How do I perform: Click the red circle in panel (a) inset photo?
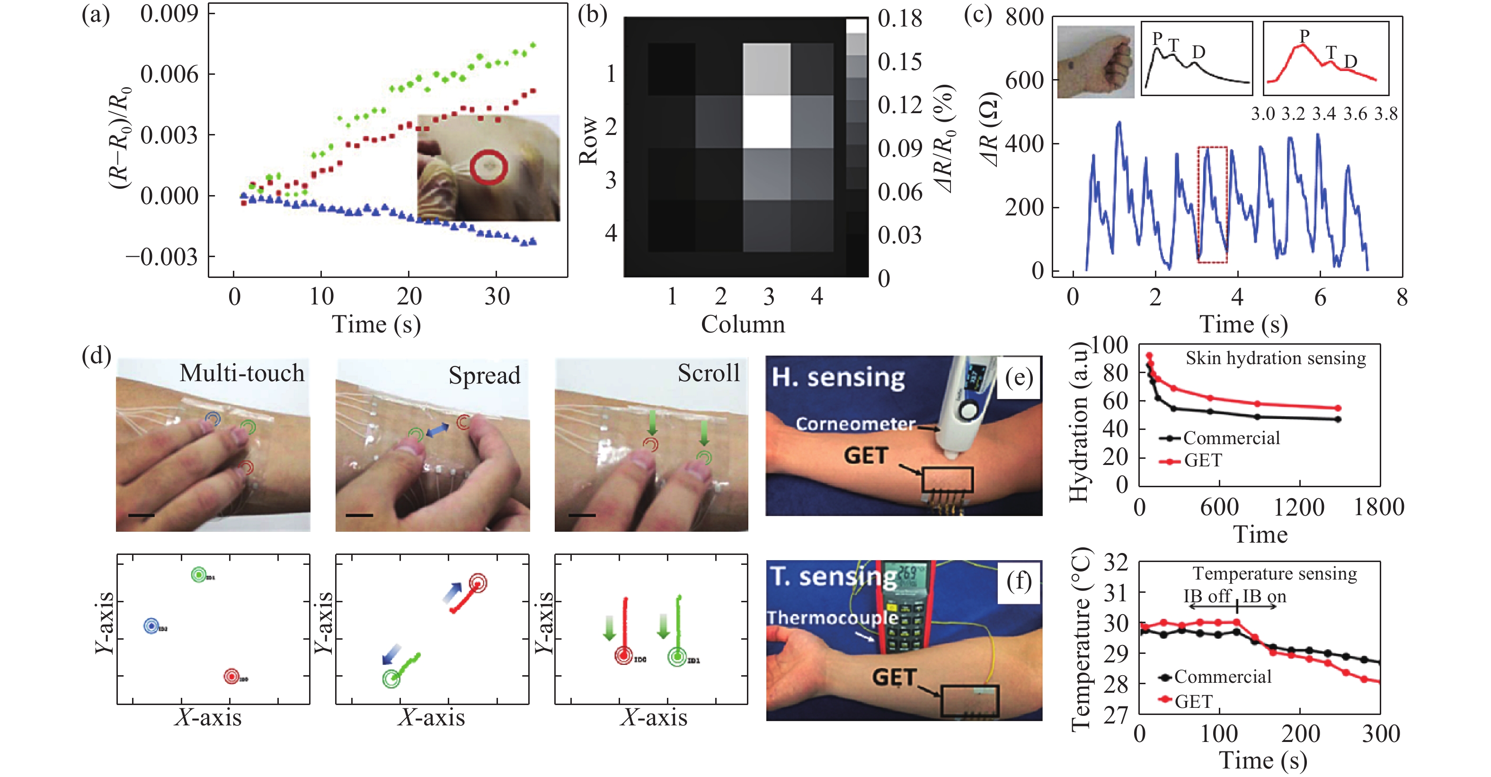tap(488, 167)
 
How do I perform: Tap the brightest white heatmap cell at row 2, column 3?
tap(766, 122)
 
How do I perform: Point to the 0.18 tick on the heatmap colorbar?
tap(899, 18)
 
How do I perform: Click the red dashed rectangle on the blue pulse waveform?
tap(1212, 205)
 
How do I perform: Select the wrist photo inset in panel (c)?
tap(1095, 62)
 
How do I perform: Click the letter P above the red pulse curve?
tap(1304, 36)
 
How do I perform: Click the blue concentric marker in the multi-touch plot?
tap(151, 626)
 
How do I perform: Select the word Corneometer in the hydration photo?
tap(855, 424)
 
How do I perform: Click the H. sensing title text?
tap(838, 377)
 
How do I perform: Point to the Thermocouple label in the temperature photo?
tap(832, 618)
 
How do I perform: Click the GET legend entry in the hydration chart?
tap(1202, 461)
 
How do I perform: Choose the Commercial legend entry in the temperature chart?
tap(1221, 677)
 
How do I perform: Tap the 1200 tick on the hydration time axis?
tap(1299, 508)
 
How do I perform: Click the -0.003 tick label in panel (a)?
tap(162, 257)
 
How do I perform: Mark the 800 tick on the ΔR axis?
tap(1024, 18)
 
